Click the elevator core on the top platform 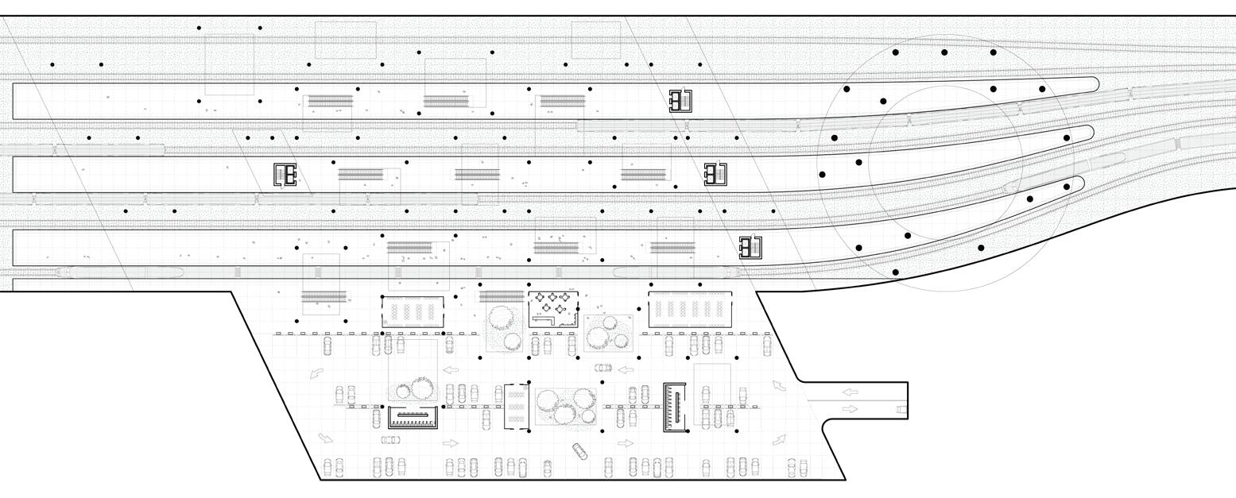click(680, 100)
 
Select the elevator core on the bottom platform click(750, 248)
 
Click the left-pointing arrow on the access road click(850, 392)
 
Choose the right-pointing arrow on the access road click(850, 408)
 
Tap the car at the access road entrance click(901, 410)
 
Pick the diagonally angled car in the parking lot click(579, 450)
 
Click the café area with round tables click(553, 308)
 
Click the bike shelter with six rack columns click(688, 310)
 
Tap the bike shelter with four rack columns click(413, 310)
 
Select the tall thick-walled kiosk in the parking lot click(676, 407)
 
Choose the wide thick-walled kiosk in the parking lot click(413, 417)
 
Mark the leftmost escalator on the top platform click(330, 101)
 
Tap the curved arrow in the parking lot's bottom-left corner click(325, 438)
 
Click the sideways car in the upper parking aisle click(603, 368)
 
